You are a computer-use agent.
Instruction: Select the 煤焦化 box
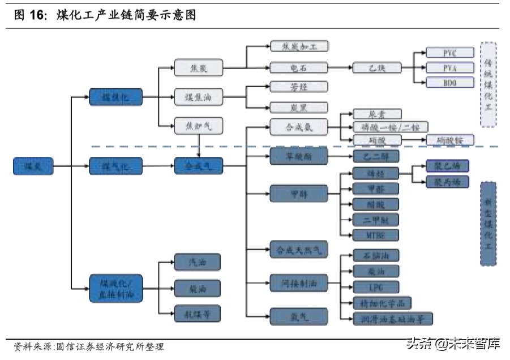coord(115,97)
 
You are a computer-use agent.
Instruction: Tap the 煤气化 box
coord(115,166)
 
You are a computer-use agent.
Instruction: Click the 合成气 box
coord(198,166)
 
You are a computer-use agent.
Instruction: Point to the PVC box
coord(449,53)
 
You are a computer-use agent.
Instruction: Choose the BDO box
coord(449,83)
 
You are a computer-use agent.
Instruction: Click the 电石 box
coord(298,68)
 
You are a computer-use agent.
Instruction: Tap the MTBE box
coord(376,235)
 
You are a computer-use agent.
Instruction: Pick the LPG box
coord(376,287)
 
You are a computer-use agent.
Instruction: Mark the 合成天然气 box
coord(298,250)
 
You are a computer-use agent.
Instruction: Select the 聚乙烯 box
coord(447,166)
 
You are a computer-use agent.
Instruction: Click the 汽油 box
coord(197,262)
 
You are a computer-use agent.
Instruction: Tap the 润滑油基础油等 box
coord(393,319)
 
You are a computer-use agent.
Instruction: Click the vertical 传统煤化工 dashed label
coord(488,84)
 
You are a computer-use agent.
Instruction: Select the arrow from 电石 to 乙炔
coord(340,68)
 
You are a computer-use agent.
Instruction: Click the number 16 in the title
coord(37,15)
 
